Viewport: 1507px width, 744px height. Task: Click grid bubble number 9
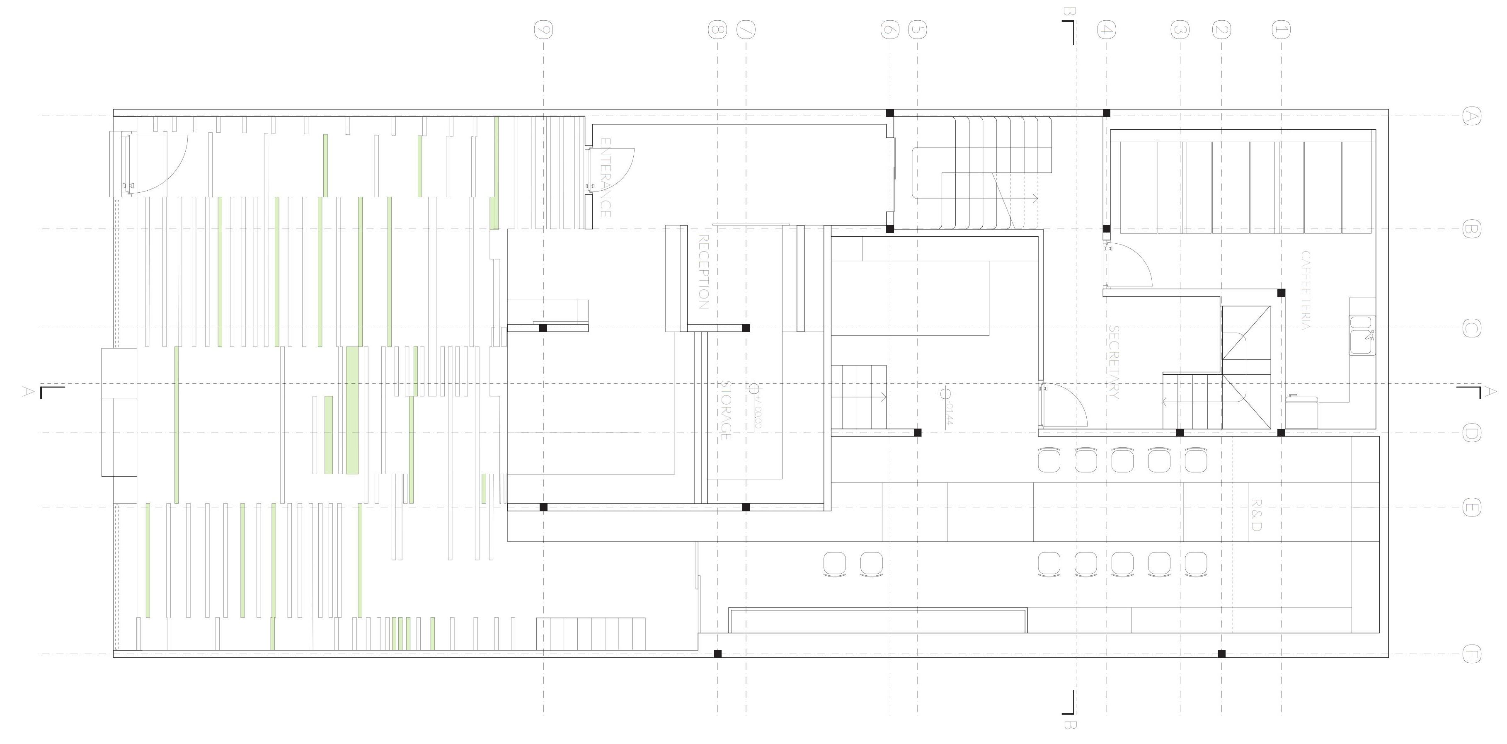point(543,30)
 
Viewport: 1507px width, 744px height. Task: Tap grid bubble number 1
point(1281,30)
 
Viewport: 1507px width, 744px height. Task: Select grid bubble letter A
point(1471,116)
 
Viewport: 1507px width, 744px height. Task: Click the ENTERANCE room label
point(606,178)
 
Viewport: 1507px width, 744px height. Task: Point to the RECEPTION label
point(704,272)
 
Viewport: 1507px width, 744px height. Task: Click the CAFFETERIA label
point(1306,290)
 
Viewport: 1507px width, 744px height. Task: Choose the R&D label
point(1255,515)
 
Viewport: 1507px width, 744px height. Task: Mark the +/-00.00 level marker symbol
point(753,388)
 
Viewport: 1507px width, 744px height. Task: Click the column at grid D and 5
point(917,433)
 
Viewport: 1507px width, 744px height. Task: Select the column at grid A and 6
point(890,113)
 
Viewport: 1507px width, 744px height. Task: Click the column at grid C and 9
point(543,328)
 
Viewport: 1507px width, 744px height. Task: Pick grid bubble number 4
point(1106,30)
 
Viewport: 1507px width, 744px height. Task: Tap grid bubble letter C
point(1471,328)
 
